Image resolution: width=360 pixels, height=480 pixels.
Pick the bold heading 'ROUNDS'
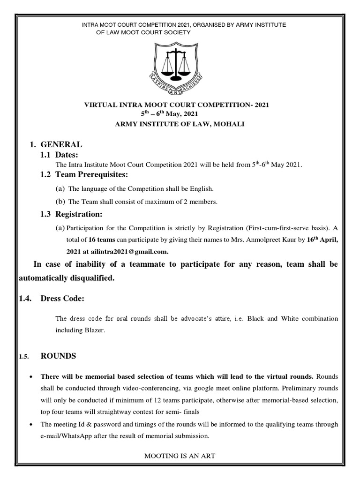click(x=58, y=356)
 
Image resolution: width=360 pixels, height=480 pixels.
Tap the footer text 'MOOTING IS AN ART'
click(x=180, y=455)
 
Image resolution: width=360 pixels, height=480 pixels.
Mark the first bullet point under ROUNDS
click(x=30, y=377)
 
